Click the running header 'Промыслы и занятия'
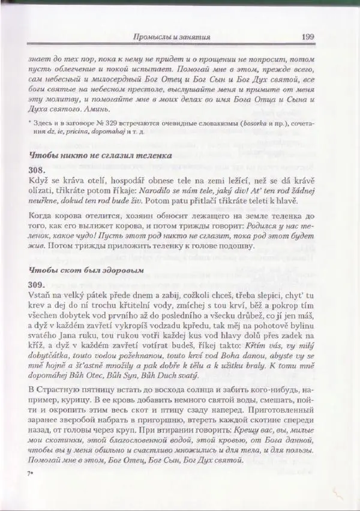coord(172,37)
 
